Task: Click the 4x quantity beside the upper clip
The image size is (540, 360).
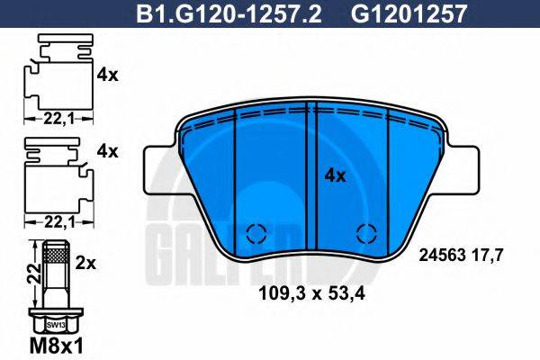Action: tap(107, 76)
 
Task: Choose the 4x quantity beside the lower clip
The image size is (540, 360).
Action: tap(107, 151)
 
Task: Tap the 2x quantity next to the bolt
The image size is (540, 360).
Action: tap(86, 264)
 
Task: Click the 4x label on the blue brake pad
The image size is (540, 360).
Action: tap(334, 176)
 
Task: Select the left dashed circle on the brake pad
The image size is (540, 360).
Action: tap(255, 233)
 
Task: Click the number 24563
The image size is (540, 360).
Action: tap(445, 255)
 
